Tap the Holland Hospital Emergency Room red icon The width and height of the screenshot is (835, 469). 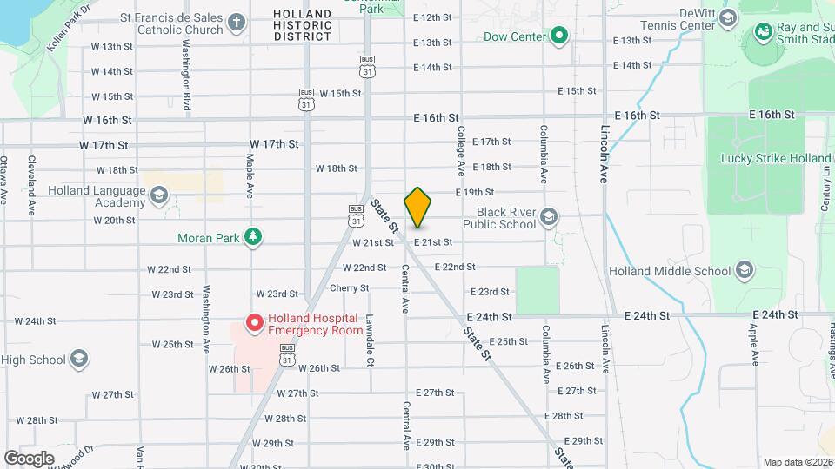click(x=255, y=324)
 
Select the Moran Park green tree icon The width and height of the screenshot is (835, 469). click(x=253, y=237)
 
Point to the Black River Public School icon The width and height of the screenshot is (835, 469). click(x=549, y=217)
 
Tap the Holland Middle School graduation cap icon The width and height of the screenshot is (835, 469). click(x=744, y=270)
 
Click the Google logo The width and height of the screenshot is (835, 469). click(x=29, y=458)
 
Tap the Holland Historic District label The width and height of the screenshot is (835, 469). click(x=302, y=25)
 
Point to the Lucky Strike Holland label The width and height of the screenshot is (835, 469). click(x=776, y=158)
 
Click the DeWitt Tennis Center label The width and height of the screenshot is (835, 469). click(x=684, y=20)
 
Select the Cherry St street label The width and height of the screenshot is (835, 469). click(x=350, y=287)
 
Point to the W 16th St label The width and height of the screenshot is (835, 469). click(x=108, y=120)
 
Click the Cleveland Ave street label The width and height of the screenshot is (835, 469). click(x=30, y=186)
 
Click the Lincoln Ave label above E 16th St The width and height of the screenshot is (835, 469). click(x=604, y=155)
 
